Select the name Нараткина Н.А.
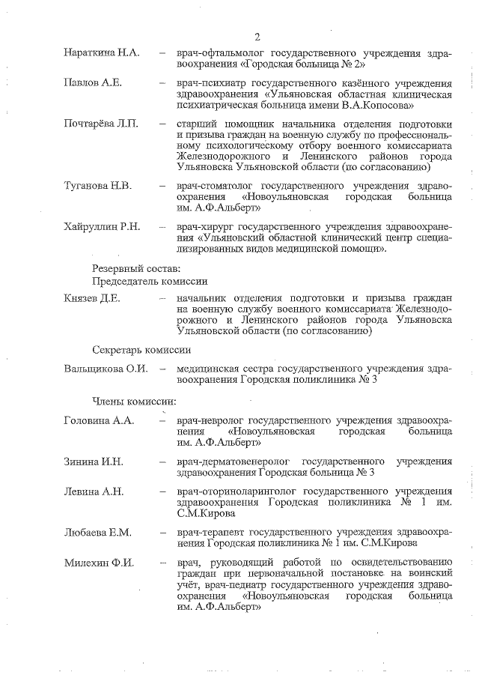point(101,54)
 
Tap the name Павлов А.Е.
point(92,81)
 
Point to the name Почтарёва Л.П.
point(101,124)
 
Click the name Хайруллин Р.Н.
point(102,226)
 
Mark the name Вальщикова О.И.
point(106,368)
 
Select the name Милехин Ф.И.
point(99,562)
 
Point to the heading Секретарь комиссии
point(141,350)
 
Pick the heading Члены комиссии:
point(134,402)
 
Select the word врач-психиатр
point(210,81)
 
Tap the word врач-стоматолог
point(214,184)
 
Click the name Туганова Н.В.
point(97,184)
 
